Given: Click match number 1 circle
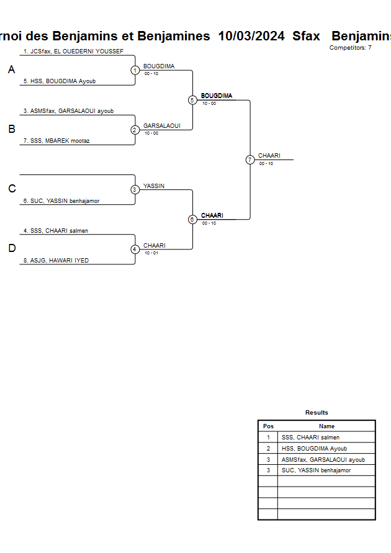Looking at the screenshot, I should (135, 70).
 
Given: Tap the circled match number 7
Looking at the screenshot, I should (250, 160).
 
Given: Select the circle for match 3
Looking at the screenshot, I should (135, 189).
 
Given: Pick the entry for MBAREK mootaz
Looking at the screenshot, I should (60, 141).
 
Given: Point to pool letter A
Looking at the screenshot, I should (11, 70).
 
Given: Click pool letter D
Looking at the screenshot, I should (11, 248).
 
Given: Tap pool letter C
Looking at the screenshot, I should (11, 189).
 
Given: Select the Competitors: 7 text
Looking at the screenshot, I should (351, 48).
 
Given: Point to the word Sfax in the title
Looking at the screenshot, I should (306, 36).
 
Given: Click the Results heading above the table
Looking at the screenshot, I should (317, 413).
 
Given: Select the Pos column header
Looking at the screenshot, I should (268, 426).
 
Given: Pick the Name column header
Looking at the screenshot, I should (326, 426).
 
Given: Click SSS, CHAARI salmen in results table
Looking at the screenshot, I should (310, 438).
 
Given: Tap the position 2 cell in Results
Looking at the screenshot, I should (268, 449).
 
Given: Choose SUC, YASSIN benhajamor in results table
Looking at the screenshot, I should (316, 470).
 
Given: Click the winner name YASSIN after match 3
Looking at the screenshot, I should (154, 186).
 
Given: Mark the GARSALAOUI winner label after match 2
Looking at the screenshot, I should (161, 125).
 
